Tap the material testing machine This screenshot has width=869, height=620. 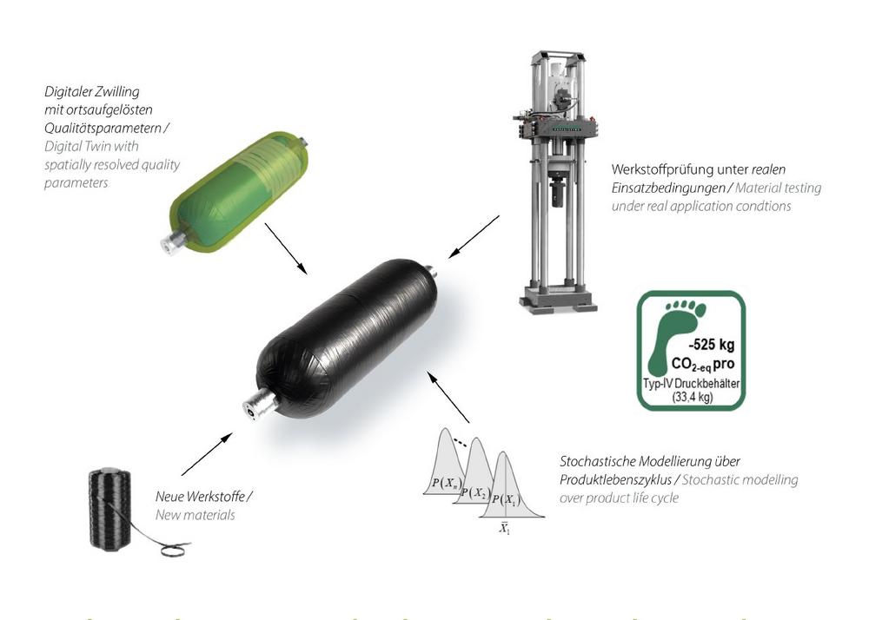point(556,181)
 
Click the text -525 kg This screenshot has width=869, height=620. point(712,345)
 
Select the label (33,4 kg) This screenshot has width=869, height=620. point(693,397)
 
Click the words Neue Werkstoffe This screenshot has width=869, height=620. point(200,496)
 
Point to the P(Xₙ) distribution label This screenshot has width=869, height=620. point(446,484)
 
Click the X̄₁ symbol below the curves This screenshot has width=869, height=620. point(504,528)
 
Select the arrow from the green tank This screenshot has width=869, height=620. point(286,248)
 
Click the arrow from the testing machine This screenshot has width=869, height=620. point(474,237)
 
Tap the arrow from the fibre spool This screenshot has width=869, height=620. point(207,454)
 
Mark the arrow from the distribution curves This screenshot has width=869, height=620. point(448,397)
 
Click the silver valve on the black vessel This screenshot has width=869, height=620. point(259,403)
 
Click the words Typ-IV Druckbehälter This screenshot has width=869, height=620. point(691,384)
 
